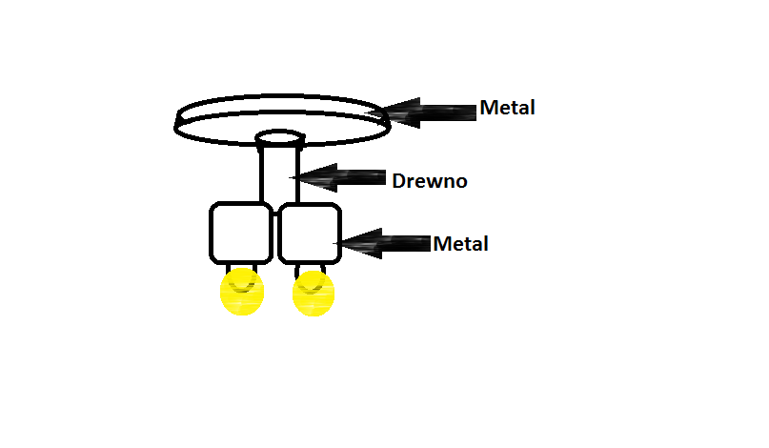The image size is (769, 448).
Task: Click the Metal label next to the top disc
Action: [507, 108]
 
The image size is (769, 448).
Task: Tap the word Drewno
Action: [430, 181]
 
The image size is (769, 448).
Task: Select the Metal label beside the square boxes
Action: [460, 244]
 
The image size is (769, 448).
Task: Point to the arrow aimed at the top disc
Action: [422, 112]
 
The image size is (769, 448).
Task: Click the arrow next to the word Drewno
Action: [337, 177]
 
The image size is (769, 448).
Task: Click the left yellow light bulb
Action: [242, 292]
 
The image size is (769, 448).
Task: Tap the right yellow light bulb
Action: [314, 293]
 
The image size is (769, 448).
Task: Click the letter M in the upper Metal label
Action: [489, 108]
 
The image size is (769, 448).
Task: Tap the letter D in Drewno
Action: [398, 181]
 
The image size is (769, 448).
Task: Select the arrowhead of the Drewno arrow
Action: [314, 177]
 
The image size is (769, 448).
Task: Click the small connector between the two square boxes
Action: [275, 214]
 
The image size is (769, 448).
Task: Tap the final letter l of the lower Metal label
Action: [486, 243]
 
